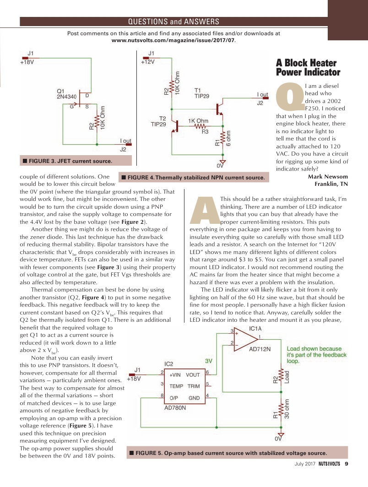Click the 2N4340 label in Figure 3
click(x=66, y=97)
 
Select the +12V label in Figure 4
click(x=148, y=62)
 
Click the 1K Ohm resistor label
click(x=198, y=121)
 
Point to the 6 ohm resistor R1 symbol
click(x=222, y=138)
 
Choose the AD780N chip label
click(x=175, y=408)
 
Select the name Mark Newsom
click(x=328, y=177)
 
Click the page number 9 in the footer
click(x=346, y=465)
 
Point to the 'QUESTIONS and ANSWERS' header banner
click(x=173, y=22)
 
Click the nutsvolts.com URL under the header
click(x=174, y=40)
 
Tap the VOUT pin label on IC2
click(x=193, y=374)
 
